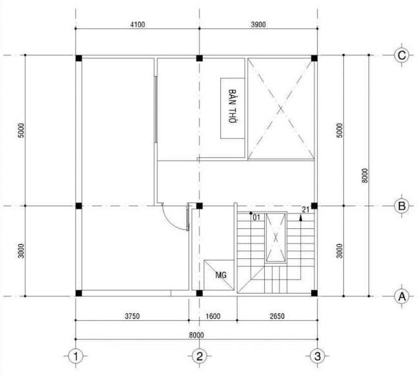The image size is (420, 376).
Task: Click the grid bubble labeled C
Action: tap(401, 55)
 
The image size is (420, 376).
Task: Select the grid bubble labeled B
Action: tap(401, 206)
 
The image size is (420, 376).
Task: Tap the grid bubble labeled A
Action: tap(401, 296)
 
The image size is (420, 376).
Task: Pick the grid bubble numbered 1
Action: tap(76, 356)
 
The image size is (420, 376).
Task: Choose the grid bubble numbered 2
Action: tap(199, 356)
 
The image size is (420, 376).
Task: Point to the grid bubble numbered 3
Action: tap(318, 356)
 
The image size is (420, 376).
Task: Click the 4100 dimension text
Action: tap(137, 24)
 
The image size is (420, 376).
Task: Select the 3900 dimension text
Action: tap(258, 24)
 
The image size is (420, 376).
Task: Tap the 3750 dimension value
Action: tap(132, 316)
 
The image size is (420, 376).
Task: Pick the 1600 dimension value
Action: tap(213, 316)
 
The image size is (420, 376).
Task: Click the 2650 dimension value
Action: tap(277, 316)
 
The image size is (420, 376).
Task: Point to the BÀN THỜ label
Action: tap(233, 106)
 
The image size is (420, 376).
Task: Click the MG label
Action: tap(221, 274)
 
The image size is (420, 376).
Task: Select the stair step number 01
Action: tap(256, 217)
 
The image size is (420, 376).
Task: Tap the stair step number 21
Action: tap(305, 210)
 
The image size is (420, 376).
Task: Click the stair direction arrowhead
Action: tap(301, 218)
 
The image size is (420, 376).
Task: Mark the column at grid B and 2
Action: tap(199, 206)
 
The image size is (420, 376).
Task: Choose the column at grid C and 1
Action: tap(79, 58)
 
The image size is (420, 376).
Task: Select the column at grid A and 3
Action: tap(314, 293)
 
